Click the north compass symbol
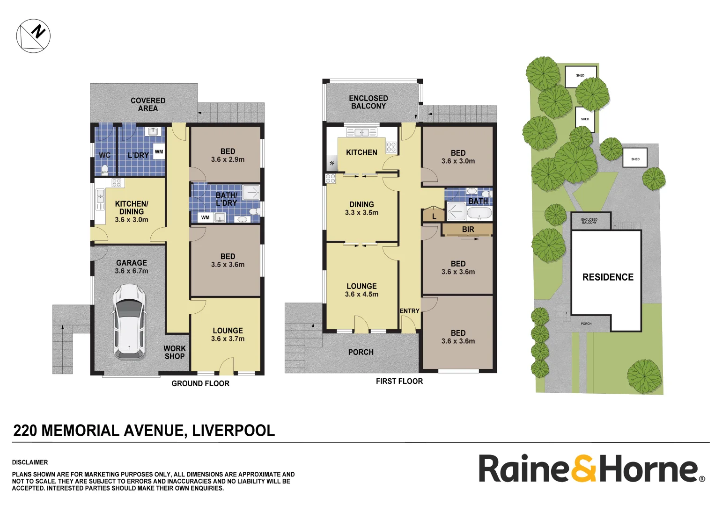click(33, 36)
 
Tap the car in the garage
click(129, 321)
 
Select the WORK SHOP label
click(175, 353)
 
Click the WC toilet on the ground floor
click(105, 169)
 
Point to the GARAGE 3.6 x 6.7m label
click(132, 267)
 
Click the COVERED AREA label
click(148, 105)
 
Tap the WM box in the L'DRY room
click(159, 151)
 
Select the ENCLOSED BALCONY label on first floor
click(368, 102)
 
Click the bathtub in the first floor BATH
click(479, 213)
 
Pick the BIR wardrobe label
click(468, 229)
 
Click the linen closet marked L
click(434, 214)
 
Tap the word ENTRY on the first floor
click(409, 311)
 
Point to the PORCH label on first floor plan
click(361, 352)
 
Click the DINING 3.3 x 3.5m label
click(361, 208)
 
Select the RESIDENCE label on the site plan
click(608, 277)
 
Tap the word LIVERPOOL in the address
click(233, 430)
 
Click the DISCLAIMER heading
click(30, 462)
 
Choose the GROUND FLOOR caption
click(200, 383)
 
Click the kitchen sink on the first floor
click(361, 132)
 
